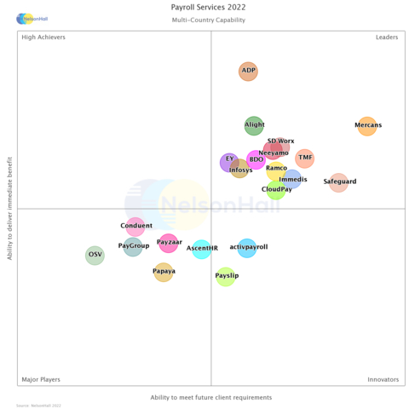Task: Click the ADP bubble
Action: (248, 72)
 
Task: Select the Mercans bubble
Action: (367, 126)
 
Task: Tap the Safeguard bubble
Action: (339, 182)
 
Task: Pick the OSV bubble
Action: (95, 255)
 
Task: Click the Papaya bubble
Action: (164, 272)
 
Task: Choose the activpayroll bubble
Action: (247, 248)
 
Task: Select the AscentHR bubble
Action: (201, 249)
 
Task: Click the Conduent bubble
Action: (135, 227)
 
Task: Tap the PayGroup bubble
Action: (133, 246)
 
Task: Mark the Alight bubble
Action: (254, 126)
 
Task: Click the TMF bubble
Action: (304, 158)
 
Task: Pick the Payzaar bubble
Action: (169, 243)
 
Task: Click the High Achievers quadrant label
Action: (43, 37)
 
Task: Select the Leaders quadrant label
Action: (387, 37)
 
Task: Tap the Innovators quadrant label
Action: (383, 379)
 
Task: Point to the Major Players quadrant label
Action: (40, 379)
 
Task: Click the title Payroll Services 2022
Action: (208, 7)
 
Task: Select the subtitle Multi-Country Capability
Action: (208, 20)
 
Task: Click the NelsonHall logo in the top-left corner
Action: (32, 18)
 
